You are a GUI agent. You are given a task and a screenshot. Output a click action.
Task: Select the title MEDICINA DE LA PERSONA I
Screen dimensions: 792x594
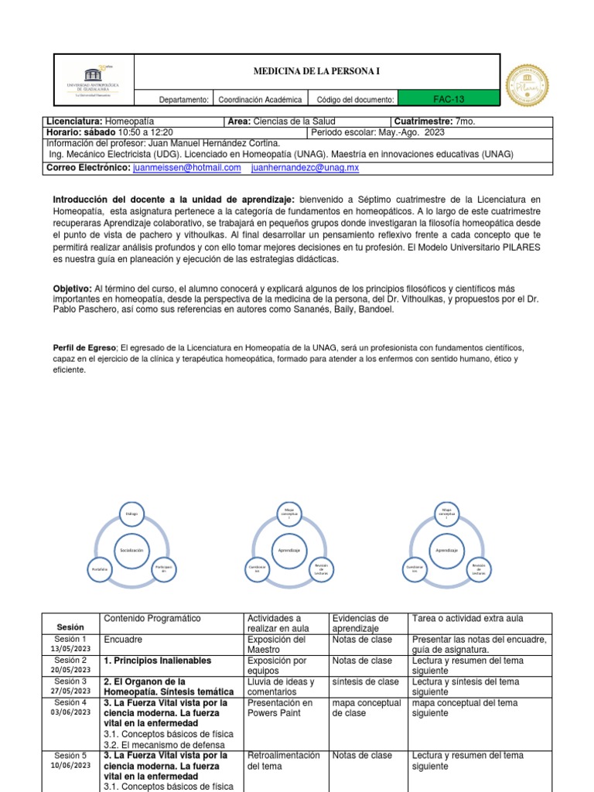pyautogui.click(x=317, y=72)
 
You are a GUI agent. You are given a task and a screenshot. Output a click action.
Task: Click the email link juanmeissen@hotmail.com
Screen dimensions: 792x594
pyautogui.click(x=187, y=167)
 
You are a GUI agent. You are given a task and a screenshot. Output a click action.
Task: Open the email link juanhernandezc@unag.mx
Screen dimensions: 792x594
pyautogui.click(x=306, y=167)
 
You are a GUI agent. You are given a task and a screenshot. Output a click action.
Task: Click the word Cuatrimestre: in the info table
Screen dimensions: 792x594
pyautogui.click(x=424, y=121)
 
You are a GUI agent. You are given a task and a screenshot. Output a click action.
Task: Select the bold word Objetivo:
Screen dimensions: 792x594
pyautogui.click(x=73, y=287)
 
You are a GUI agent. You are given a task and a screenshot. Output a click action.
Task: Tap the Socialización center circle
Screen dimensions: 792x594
pyautogui.click(x=131, y=549)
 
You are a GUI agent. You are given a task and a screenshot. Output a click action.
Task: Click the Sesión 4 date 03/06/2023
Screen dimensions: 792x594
pyautogui.click(x=71, y=711)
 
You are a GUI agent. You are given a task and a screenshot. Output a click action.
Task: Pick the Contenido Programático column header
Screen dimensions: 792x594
pyautogui.click(x=152, y=619)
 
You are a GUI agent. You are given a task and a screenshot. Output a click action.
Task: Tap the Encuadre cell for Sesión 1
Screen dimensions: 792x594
pyautogui.click(x=124, y=640)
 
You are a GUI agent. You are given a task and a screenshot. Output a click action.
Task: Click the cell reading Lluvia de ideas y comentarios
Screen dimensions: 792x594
pyautogui.click(x=280, y=687)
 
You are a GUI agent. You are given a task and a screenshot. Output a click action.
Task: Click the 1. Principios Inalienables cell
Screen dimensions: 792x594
pyautogui.click(x=157, y=661)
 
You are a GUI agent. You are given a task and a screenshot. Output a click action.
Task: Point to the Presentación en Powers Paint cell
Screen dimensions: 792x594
pyautogui.click(x=280, y=708)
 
